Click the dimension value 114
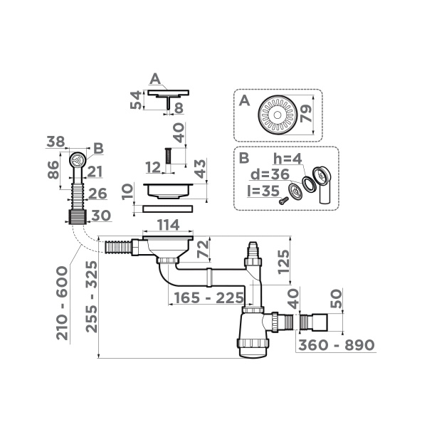[167, 226]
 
